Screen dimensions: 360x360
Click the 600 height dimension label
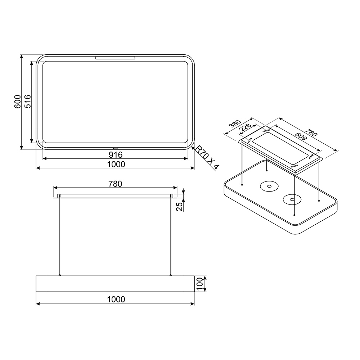(18, 102)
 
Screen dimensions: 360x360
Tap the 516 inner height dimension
(28, 101)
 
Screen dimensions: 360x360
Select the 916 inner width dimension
(116, 155)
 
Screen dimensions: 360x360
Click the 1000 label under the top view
(116, 165)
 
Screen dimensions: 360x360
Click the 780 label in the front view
(115, 184)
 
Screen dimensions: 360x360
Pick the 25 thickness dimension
(180, 206)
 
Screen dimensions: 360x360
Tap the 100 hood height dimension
(200, 284)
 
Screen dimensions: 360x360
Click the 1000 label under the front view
(116, 300)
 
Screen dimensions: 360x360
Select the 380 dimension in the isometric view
(235, 124)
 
